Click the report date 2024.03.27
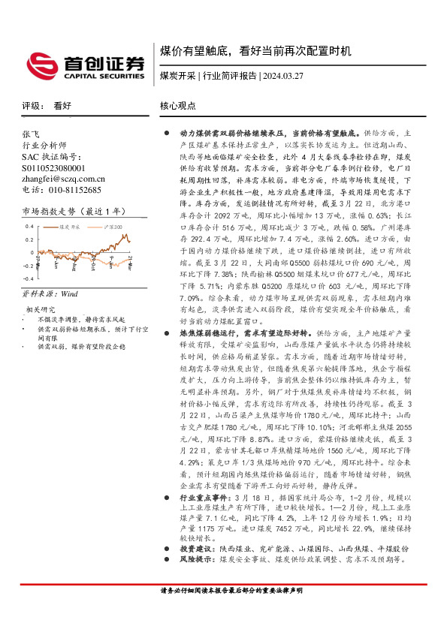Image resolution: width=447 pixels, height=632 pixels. pos(283,76)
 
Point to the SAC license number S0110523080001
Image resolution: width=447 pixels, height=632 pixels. pos(53,167)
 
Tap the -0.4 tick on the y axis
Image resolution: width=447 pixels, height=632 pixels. pos(28,278)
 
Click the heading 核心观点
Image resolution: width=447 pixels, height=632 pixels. pos(178,107)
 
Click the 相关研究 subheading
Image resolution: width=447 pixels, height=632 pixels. pos(41,308)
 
